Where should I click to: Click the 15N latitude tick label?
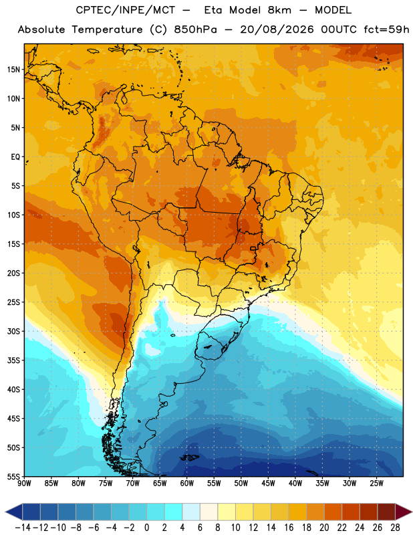tap(13, 70)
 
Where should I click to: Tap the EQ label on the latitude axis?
tap(15, 157)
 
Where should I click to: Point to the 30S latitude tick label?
tap(13, 331)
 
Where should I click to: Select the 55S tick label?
tap(13, 476)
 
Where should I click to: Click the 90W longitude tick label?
tap(24, 484)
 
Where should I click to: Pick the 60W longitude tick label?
tap(187, 484)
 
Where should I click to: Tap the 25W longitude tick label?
tap(376, 484)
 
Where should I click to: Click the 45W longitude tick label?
tap(268, 484)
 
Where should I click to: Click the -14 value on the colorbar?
tap(23, 528)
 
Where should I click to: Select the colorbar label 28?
tap(395, 528)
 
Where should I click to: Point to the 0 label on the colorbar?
tap(147, 528)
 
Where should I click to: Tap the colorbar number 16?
tap(289, 528)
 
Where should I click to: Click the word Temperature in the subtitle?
tap(107, 29)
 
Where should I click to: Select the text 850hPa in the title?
tap(195, 29)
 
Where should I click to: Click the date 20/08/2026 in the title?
tap(277, 29)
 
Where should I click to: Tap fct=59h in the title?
tap(386, 29)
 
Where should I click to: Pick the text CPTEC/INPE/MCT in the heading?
tap(126, 10)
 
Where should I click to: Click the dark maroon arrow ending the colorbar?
tap(404, 512)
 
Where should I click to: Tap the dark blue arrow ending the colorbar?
tap(13, 512)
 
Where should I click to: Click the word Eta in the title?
tap(213, 10)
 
